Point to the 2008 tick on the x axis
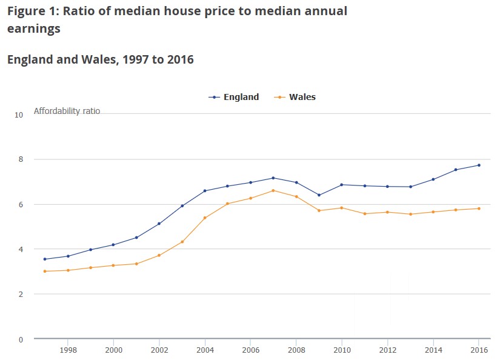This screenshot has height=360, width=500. [x=296, y=350]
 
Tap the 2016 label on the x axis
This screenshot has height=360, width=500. [x=479, y=350]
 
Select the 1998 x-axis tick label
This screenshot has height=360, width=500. [x=68, y=350]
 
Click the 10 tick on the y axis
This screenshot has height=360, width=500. [x=19, y=115]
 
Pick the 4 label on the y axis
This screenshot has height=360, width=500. [x=21, y=250]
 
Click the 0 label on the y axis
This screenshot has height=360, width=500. [x=21, y=339]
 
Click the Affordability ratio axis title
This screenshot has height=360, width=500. [x=67, y=111]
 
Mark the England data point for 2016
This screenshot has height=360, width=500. [x=479, y=165]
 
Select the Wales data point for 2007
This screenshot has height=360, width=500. [x=273, y=190]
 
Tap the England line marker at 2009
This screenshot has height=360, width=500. [x=319, y=195]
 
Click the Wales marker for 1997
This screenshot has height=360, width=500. [x=45, y=271]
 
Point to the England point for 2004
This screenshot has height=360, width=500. [x=205, y=191]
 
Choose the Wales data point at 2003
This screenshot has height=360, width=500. [x=182, y=242]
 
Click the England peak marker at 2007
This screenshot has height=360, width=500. [x=273, y=178]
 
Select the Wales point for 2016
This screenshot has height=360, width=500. [x=479, y=208]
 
